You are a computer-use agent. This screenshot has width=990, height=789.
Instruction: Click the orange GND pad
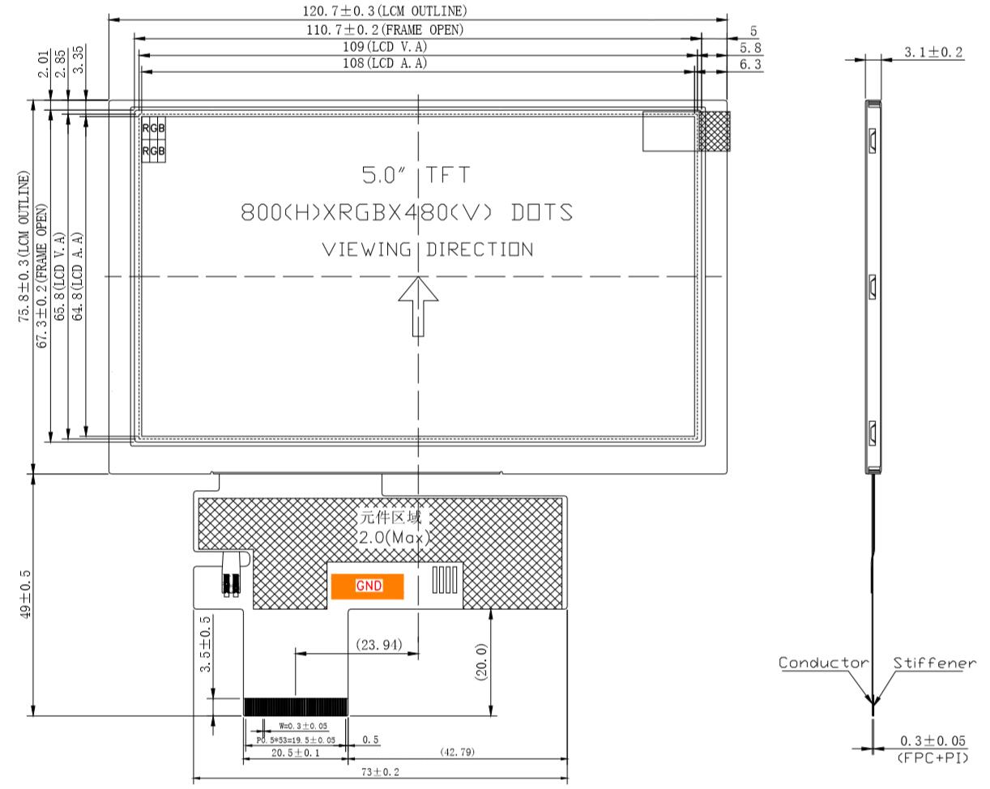pyautogui.click(x=367, y=586)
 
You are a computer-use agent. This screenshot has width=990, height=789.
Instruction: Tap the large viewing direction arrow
pyautogui.click(x=418, y=306)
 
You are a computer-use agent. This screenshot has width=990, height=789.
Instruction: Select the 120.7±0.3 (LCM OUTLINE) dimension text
pyautogui.click(x=385, y=11)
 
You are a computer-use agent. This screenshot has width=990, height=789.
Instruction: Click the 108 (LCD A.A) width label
pyautogui.click(x=385, y=63)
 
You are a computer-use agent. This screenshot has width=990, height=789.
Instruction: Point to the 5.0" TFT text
pyautogui.click(x=416, y=175)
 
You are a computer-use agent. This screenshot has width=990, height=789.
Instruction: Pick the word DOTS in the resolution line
pyautogui.click(x=542, y=212)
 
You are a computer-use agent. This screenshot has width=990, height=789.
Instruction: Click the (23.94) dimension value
pyautogui.click(x=379, y=645)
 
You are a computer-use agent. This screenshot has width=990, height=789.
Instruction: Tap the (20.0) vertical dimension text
pyautogui.click(x=480, y=662)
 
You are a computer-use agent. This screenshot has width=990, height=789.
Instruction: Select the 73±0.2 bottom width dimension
pyautogui.click(x=380, y=772)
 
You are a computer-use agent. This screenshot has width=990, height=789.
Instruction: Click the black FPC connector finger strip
pyautogui.click(x=296, y=707)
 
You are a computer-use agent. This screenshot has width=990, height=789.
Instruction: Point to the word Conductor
pyautogui.click(x=823, y=663)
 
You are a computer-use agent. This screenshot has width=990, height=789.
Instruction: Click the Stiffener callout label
pyautogui.click(x=934, y=663)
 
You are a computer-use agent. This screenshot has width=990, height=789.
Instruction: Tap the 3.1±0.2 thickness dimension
pyautogui.click(x=933, y=52)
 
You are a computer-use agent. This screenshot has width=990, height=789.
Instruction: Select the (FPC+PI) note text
pyautogui.click(x=933, y=757)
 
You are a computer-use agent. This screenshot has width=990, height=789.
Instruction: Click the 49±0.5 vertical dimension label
pyautogui.click(x=26, y=594)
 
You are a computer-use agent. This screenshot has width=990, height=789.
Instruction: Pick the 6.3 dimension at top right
pyautogui.click(x=750, y=65)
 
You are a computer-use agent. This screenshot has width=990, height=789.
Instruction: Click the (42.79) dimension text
pyautogui.click(x=457, y=752)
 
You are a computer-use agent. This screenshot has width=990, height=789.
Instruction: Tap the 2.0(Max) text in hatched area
pyautogui.click(x=395, y=537)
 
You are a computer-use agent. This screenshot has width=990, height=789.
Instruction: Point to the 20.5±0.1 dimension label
pyautogui.click(x=295, y=753)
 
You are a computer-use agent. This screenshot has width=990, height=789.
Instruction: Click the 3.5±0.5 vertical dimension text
pyautogui.click(x=205, y=644)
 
